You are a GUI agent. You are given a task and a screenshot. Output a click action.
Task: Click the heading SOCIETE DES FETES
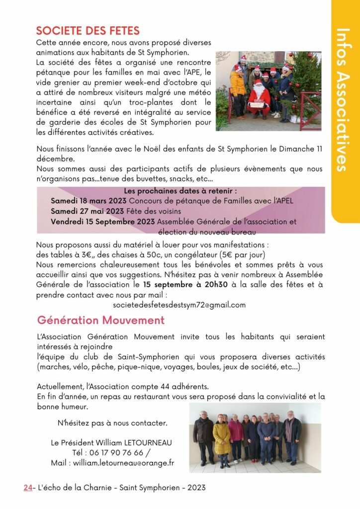tap(88, 31)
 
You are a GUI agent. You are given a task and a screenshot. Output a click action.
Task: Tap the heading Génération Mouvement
tap(100, 320)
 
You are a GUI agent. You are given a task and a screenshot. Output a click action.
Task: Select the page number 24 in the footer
tap(27, 488)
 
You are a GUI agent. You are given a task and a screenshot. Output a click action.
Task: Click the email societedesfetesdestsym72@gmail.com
tap(179, 305)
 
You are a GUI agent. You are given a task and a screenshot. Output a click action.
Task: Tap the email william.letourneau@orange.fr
tap(123, 463)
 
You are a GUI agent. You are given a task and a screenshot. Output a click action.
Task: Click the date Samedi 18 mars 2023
tap(89, 201)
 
